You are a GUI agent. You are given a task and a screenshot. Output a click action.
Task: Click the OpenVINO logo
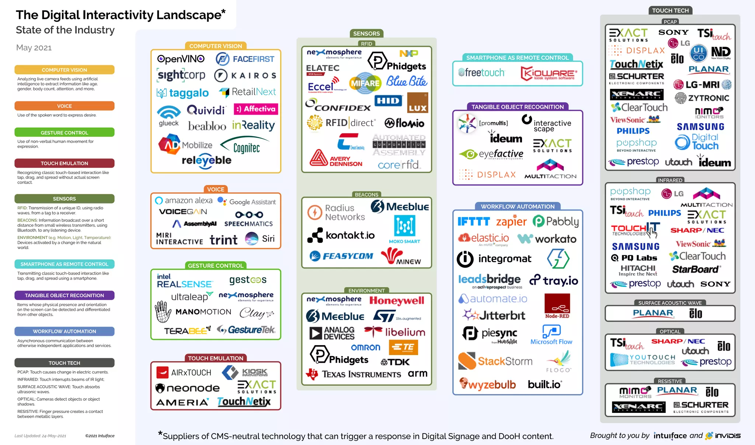[x=181, y=59]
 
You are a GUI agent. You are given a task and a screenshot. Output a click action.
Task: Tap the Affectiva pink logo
[x=256, y=109]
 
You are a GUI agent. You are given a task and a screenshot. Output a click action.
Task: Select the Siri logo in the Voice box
[x=260, y=239]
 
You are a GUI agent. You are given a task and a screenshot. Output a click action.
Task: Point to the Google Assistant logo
[x=247, y=202]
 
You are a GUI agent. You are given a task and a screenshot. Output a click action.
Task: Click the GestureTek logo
[x=246, y=330]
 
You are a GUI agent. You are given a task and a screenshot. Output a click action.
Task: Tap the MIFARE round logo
[x=365, y=83]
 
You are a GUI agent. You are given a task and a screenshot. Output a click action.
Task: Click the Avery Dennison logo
[x=336, y=159]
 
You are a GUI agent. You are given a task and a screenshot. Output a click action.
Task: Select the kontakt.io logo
[x=341, y=235]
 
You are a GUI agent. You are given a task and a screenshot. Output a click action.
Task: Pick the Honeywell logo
[x=397, y=300]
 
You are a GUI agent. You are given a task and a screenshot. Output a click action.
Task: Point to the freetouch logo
[x=481, y=73]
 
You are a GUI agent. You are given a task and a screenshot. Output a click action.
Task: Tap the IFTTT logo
[x=473, y=221]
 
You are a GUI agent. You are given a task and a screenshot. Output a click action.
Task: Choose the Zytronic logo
[x=702, y=98]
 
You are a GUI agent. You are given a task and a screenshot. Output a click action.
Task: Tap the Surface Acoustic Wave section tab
[x=670, y=303]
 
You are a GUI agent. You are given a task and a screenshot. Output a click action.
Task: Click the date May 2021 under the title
[x=34, y=48]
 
